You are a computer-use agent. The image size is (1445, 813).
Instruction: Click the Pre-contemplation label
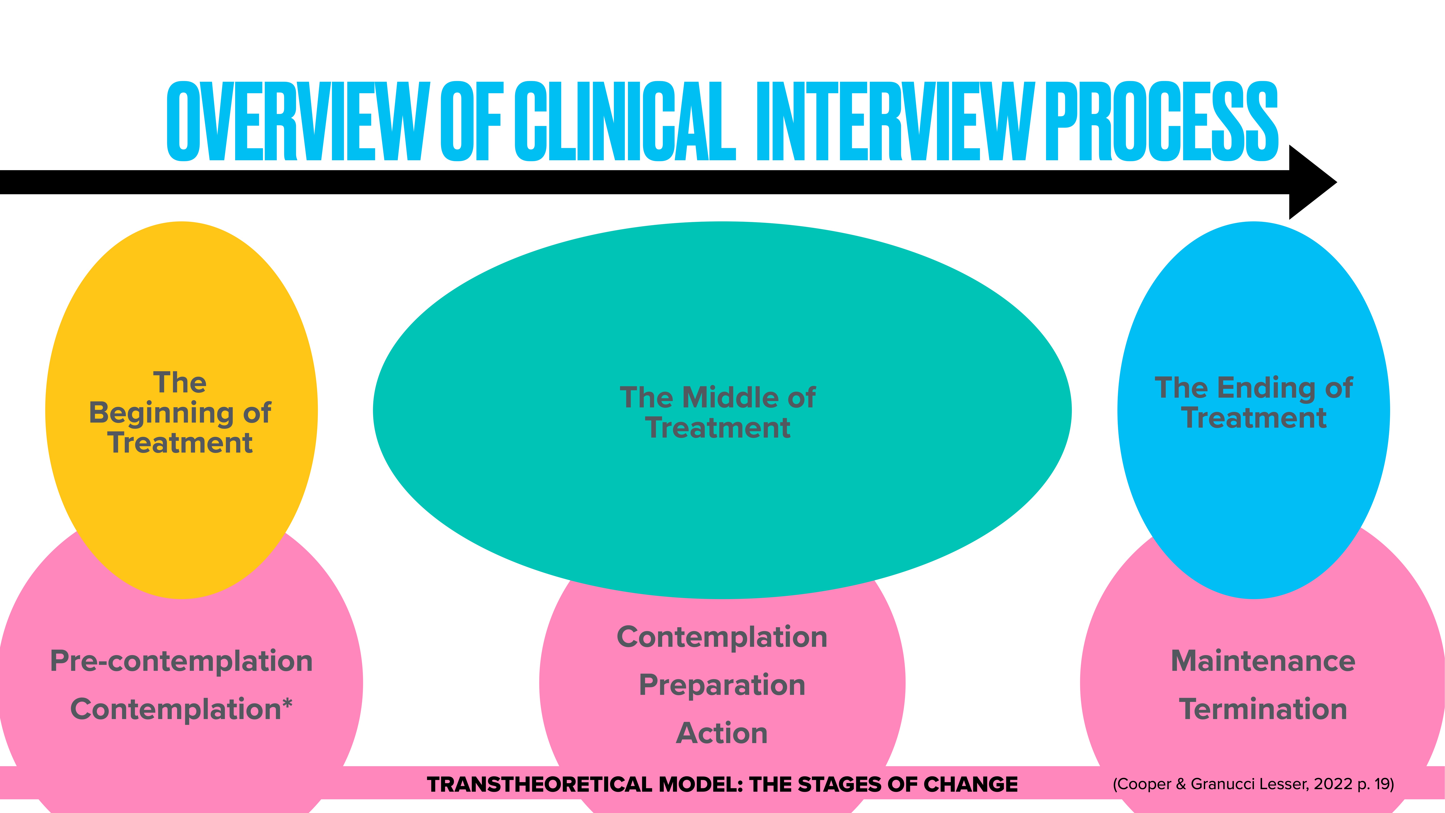(x=181, y=661)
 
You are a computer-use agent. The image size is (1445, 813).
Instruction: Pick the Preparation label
(x=722, y=685)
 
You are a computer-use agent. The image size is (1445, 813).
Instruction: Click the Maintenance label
(x=1263, y=661)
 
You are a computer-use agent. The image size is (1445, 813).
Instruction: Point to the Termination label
(x=1263, y=709)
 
